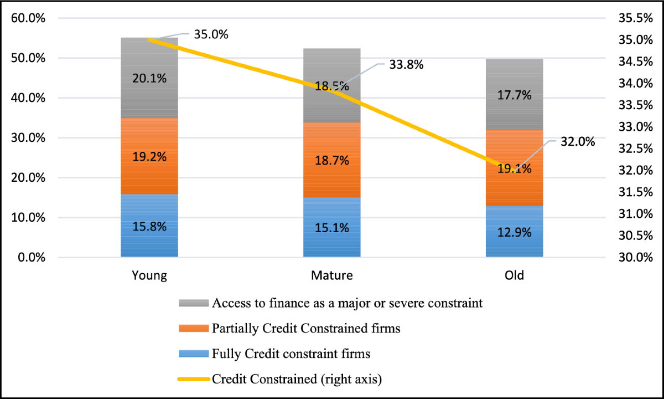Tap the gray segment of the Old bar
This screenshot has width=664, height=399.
pyautogui.click(x=514, y=78)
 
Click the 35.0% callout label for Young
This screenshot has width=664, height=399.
pyautogui.click(x=211, y=34)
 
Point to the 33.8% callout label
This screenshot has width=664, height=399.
pyautogui.click(x=406, y=65)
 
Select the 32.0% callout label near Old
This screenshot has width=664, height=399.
pyautogui.click(x=578, y=142)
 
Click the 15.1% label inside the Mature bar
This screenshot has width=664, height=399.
pyautogui.click(x=331, y=228)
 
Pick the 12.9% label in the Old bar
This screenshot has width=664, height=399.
pyautogui.click(x=514, y=232)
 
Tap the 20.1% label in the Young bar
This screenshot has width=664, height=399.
pyautogui.click(x=149, y=78)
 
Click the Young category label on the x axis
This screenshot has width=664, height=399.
pyautogui.click(x=149, y=275)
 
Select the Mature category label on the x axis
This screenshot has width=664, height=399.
pyautogui.click(x=331, y=275)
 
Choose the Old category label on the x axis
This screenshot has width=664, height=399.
pyautogui.click(x=514, y=275)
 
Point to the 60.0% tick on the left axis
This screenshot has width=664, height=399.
pyautogui.click(x=28, y=18)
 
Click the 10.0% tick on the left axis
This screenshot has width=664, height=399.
pyautogui.click(x=28, y=218)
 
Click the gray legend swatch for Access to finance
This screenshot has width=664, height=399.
pyautogui.click(x=193, y=303)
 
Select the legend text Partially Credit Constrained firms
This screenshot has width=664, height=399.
pyautogui.click(x=306, y=328)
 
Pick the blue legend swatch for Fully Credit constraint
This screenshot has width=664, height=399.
pyautogui.click(x=193, y=354)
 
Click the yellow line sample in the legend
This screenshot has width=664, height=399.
pyautogui.click(x=193, y=379)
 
